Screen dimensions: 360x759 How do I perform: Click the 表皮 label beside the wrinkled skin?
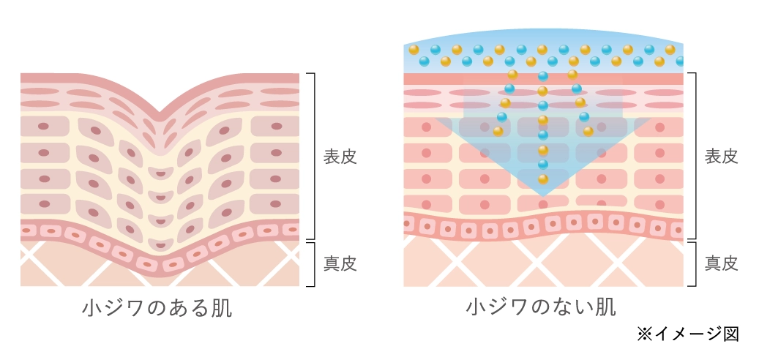click(x=340, y=157)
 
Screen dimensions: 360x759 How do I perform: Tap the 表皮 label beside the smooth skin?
click(x=721, y=157)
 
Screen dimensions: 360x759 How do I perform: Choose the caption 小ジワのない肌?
click(x=541, y=306)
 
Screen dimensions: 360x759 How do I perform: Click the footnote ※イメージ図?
click(x=688, y=334)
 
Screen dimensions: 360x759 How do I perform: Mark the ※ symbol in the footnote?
click(x=644, y=334)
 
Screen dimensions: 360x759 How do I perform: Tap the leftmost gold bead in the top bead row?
click(x=414, y=50)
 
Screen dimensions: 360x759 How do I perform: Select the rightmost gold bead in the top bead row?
click(x=670, y=50)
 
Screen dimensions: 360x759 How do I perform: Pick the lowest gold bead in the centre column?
click(x=543, y=179)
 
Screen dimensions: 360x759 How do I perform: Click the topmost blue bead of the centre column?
click(x=543, y=76)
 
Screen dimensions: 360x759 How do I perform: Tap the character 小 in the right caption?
click(x=476, y=306)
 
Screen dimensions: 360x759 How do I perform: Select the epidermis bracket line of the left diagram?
click(x=313, y=156)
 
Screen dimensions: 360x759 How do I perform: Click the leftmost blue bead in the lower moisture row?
click(x=424, y=61)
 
